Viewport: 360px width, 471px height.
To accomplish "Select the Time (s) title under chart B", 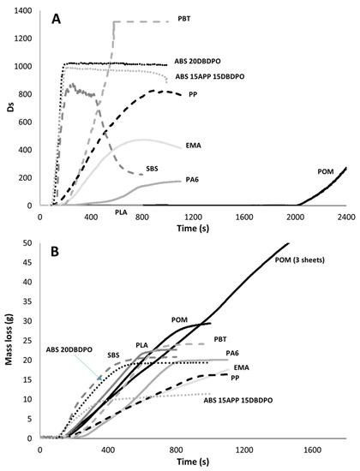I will (x=192, y=462).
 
